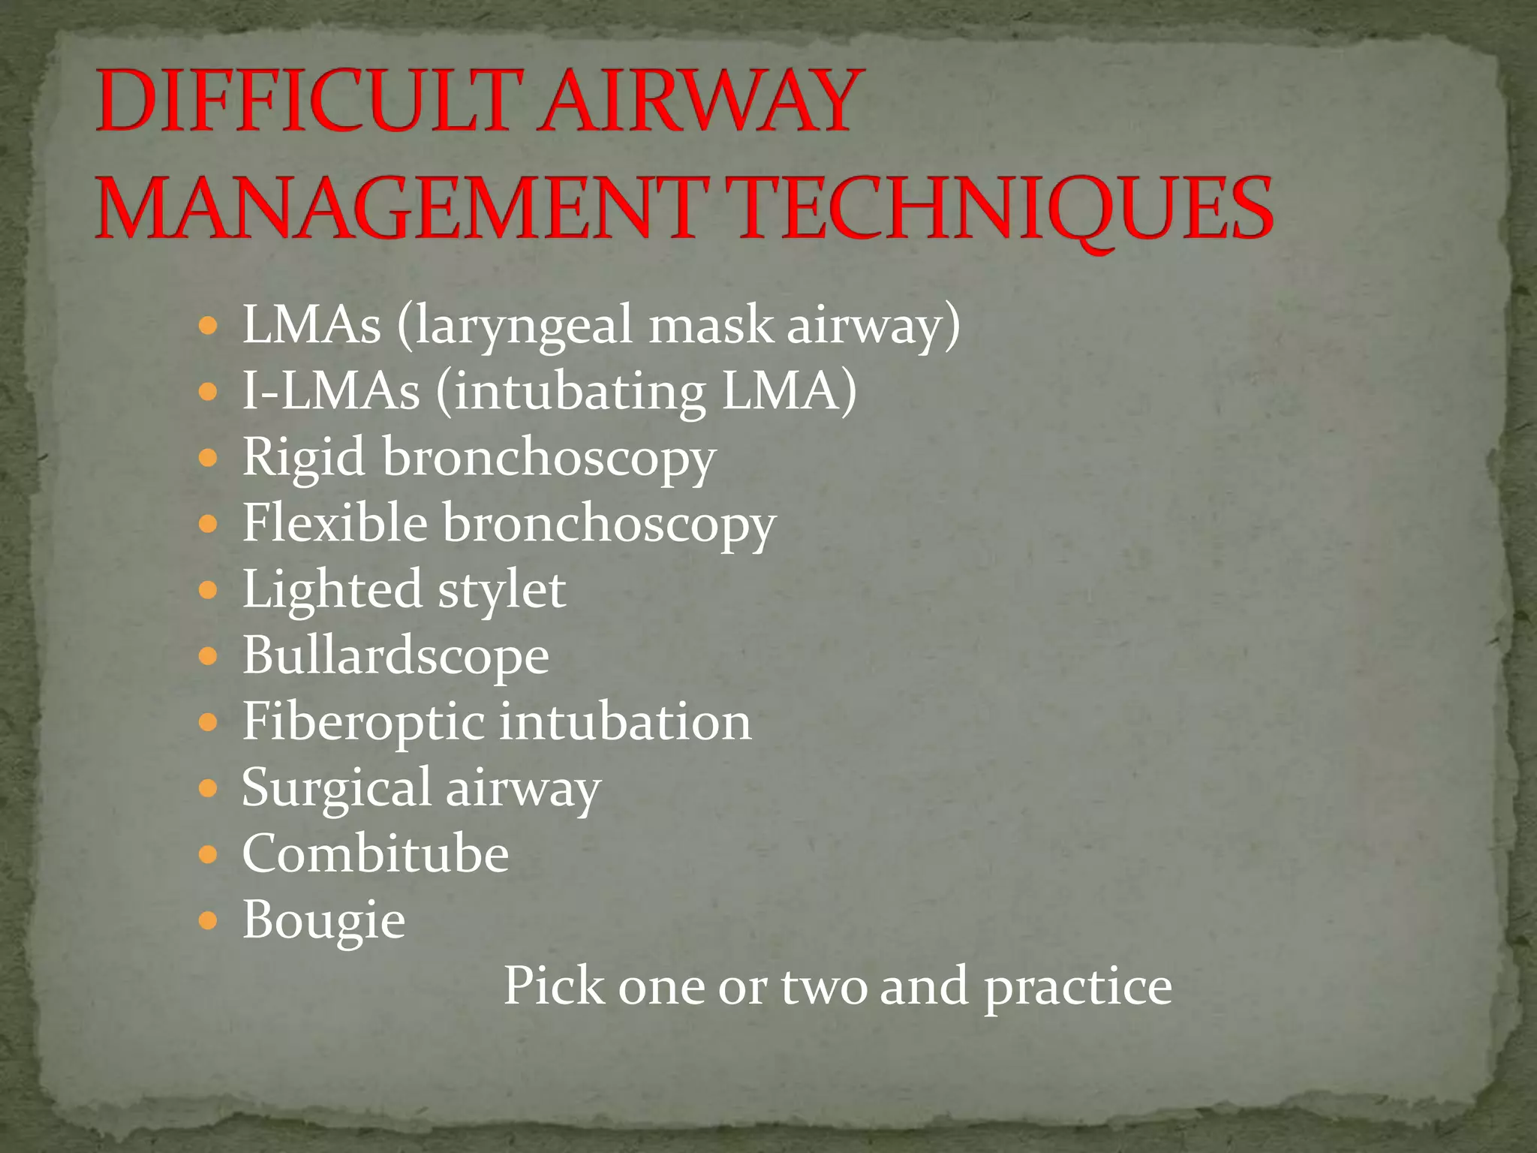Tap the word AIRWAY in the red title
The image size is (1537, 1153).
pos(702,101)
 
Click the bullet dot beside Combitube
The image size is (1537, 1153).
pos(208,854)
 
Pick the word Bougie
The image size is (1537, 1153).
pos(323,920)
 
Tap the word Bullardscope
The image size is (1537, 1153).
pos(396,655)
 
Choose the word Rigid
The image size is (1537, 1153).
pos(303,456)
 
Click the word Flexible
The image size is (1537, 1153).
pos(335,522)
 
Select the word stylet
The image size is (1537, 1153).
pos(501,589)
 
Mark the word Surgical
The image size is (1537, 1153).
pos(336,788)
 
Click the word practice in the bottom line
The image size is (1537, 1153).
pos(1078,986)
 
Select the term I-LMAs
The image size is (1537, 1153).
pos(331,391)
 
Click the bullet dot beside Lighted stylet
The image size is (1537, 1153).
pos(208,590)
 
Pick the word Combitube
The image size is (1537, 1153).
pos(375,854)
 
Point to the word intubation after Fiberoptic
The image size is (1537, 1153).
pos(624,721)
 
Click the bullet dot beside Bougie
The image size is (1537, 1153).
pos(208,920)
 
